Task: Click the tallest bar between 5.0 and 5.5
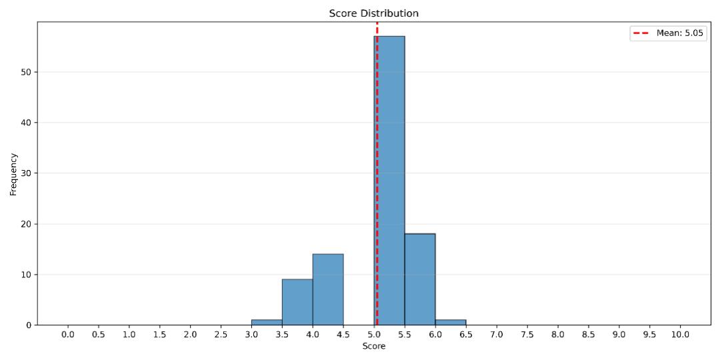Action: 389,180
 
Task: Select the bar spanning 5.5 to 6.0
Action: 420,279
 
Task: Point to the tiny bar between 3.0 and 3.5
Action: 267,322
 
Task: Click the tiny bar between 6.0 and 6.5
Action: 451,322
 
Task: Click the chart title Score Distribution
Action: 374,13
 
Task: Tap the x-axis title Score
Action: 374,347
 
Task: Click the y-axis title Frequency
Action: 13,174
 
